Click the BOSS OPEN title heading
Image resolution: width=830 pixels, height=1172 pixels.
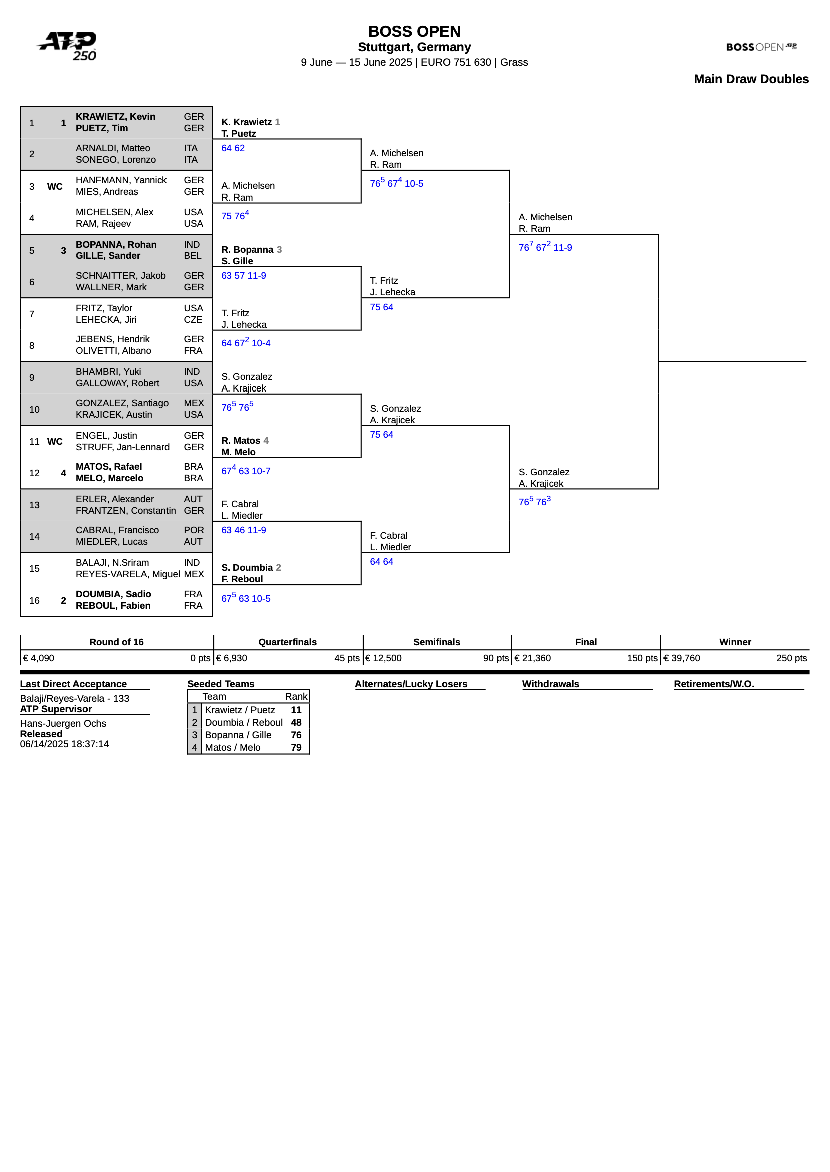pyautogui.click(x=414, y=32)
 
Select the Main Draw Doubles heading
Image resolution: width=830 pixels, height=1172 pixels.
pyautogui.click(x=751, y=79)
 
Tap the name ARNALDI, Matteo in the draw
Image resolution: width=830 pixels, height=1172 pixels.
pyautogui.click(x=113, y=148)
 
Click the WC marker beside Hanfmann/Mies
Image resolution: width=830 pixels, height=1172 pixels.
pyautogui.click(x=55, y=186)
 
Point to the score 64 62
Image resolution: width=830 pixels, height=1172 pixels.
pyautogui.click(x=233, y=148)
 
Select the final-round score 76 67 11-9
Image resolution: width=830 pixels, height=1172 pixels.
pyautogui.click(x=545, y=247)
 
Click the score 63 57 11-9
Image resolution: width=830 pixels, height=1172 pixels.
pyautogui.click(x=243, y=276)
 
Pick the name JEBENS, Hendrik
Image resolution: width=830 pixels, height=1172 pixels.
pyautogui.click(x=113, y=339)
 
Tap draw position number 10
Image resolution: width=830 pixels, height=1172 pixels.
pyautogui.click(x=34, y=409)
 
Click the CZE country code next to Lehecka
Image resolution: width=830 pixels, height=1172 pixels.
pyautogui.click(x=193, y=320)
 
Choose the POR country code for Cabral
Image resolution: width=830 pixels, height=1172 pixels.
pyautogui.click(x=193, y=530)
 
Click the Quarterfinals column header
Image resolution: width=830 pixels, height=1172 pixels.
pyautogui.click(x=287, y=642)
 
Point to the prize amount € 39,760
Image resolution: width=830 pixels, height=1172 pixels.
pyautogui.click(x=681, y=658)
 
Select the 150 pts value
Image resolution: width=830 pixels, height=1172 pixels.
pyautogui.click(x=642, y=658)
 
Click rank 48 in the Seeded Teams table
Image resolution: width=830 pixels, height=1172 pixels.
pyautogui.click(x=296, y=722)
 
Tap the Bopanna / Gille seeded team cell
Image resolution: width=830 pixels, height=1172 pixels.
pyautogui.click(x=238, y=735)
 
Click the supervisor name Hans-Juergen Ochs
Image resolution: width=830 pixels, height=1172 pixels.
pyautogui.click(x=63, y=723)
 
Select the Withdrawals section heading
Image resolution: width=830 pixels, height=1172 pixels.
pyautogui.click(x=550, y=684)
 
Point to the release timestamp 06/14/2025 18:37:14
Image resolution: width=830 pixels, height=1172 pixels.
pyautogui.click(x=64, y=744)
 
